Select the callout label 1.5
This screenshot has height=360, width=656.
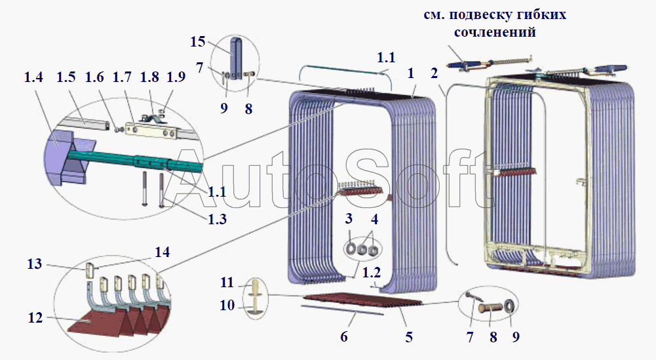tap(66, 77)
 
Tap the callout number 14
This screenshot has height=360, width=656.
tap(161, 252)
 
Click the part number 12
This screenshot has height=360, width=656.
tap(35, 318)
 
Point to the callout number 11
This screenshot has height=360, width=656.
tap(227, 283)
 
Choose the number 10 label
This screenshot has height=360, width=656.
tap(227, 305)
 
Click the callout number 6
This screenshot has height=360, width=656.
tap(343, 337)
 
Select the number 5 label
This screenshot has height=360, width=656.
tap(409, 337)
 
